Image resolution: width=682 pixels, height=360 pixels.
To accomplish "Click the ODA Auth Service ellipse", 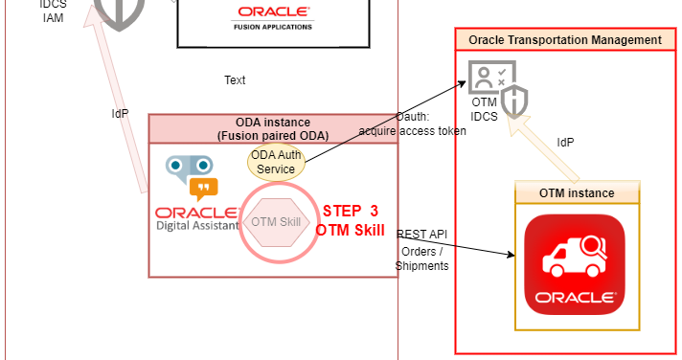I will (x=277, y=162).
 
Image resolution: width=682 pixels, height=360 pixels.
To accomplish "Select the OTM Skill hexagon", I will (x=277, y=222).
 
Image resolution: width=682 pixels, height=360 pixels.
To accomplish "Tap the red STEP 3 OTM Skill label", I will (x=350, y=220).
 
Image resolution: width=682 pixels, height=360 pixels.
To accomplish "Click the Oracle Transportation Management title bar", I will (x=565, y=40).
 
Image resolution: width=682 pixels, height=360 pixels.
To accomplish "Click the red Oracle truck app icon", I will (x=577, y=263).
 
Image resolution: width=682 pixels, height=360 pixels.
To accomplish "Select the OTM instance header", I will (x=577, y=192).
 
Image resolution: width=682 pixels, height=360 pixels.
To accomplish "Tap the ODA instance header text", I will (x=273, y=128).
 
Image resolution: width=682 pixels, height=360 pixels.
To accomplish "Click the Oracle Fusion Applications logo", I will (x=273, y=16).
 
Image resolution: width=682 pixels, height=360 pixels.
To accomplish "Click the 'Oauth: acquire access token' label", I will (x=413, y=124).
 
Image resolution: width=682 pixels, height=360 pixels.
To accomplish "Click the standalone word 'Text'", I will (x=235, y=80).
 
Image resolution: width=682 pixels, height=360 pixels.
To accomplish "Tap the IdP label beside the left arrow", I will (x=120, y=113).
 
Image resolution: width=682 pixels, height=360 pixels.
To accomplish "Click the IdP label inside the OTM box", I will (x=566, y=143).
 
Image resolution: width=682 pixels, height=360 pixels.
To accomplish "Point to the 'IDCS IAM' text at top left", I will (x=54, y=10).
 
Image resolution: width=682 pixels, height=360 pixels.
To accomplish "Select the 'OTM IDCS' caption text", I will (x=485, y=108).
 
